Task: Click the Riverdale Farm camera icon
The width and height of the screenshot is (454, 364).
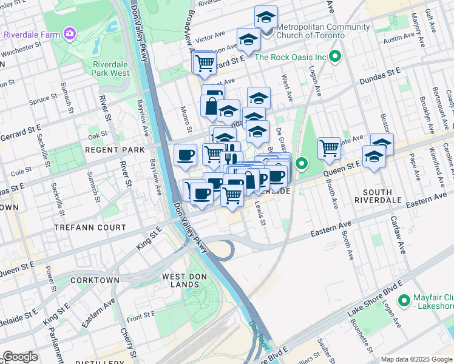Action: [71, 33]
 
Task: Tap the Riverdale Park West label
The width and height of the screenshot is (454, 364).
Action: [111, 69]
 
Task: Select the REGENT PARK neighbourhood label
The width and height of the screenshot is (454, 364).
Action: [115, 149]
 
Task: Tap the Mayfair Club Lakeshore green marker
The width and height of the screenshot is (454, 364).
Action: [404, 300]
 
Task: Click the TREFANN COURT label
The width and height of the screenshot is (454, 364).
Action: [98, 227]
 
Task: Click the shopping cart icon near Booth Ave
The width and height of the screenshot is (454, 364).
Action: [329, 147]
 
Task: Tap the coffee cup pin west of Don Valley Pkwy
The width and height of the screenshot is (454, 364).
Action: [185, 155]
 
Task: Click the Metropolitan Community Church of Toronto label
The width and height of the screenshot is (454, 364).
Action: [322, 31]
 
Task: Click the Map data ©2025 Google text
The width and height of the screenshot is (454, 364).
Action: [416, 359]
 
